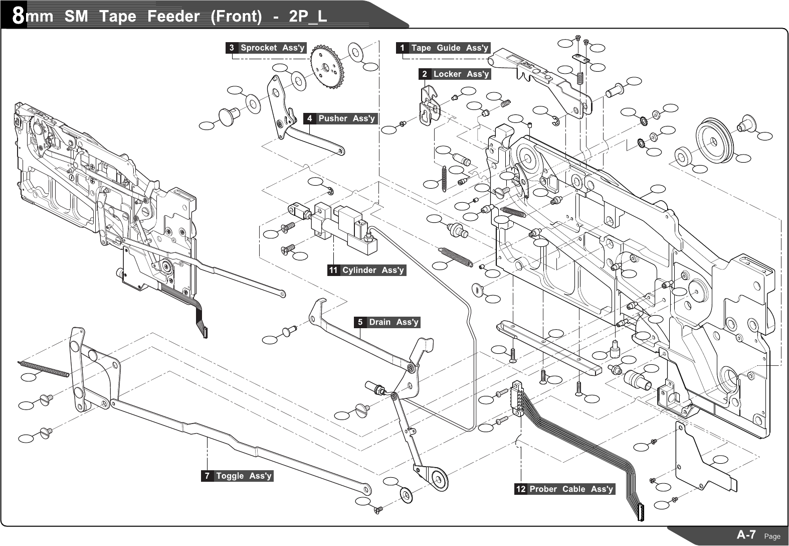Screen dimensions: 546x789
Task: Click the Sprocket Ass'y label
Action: click(272, 48)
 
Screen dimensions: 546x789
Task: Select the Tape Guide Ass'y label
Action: click(449, 48)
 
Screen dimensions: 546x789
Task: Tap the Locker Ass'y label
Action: click(461, 74)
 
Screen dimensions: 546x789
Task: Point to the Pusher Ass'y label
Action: click(346, 119)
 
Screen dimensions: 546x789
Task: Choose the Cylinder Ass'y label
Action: click(373, 270)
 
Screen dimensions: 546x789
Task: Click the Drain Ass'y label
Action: click(393, 322)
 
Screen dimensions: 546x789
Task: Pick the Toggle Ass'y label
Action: click(244, 476)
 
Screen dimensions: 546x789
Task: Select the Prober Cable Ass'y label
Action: click(571, 489)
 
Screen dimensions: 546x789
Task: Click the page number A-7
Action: click(746, 535)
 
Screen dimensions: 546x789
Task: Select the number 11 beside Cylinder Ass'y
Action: click(333, 270)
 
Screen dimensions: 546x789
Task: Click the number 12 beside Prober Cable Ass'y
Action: click(521, 489)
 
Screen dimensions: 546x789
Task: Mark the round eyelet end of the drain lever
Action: click(439, 479)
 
